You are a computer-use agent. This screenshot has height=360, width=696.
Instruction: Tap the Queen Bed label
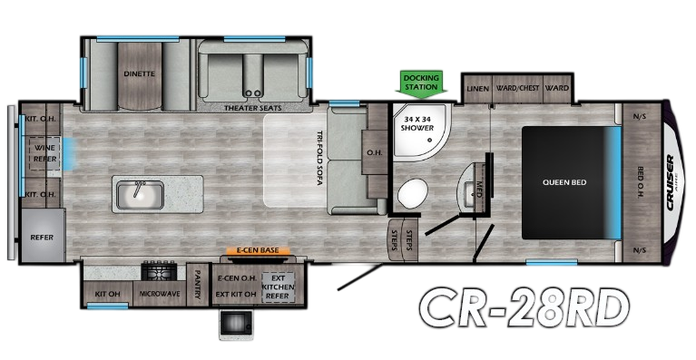pyautogui.click(x=564, y=182)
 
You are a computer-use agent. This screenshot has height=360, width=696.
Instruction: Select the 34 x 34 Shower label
pyautogui.click(x=419, y=121)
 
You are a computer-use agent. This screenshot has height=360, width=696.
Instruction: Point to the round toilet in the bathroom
pyautogui.click(x=414, y=194)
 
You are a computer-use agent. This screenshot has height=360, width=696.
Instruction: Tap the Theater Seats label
pyautogui.click(x=253, y=108)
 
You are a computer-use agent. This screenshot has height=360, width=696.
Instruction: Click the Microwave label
pyautogui.click(x=158, y=294)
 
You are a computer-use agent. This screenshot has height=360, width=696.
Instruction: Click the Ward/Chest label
pyautogui.click(x=519, y=88)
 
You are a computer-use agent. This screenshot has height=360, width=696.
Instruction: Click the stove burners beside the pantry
pyautogui.click(x=161, y=271)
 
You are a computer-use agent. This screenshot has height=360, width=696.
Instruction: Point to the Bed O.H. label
pyautogui.click(x=641, y=180)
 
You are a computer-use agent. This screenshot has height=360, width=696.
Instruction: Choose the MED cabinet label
pyautogui.click(x=479, y=190)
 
